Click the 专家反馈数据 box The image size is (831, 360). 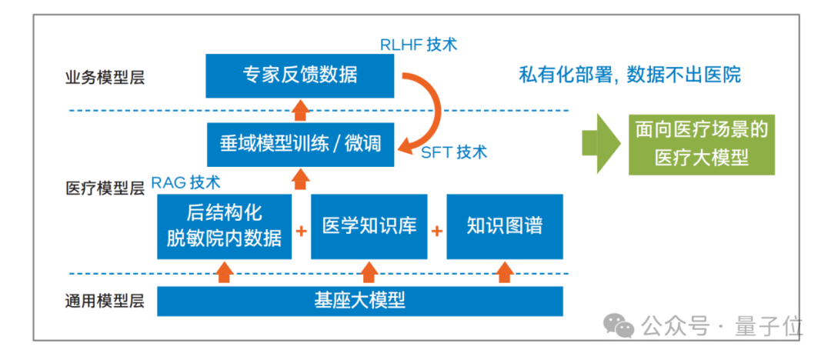(x=300, y=75)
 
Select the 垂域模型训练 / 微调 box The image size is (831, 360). (x=300, y=144)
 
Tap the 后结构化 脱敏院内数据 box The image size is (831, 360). (x=225, y=226)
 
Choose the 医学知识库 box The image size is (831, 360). (x=369, y=226)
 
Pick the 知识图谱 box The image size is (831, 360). (x=505, y=226)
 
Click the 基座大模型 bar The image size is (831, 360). (x=359, y=301)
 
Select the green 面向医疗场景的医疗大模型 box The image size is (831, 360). (x=701, y=144)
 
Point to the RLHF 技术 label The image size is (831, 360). (x=419, y=44)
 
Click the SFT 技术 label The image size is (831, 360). (x=454, y=152)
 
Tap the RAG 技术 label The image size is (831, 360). (x=185, y=182)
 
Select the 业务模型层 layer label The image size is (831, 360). (x=105, y=77)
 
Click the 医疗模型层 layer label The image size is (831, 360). (x=105, y=189)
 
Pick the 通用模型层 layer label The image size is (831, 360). (x=105, y=302)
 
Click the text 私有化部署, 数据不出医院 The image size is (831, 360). (x=629, y=75)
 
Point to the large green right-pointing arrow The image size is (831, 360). (x=601, y=144)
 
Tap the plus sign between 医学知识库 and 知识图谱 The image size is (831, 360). (x=437, y=230)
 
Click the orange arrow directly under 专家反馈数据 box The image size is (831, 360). (x=301, y=107)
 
